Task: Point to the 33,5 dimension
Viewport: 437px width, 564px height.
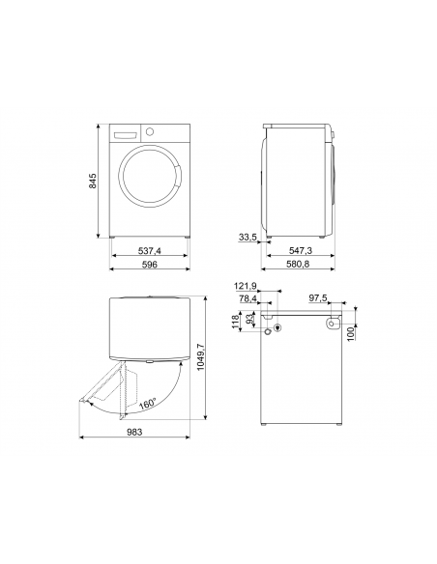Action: point(248,237)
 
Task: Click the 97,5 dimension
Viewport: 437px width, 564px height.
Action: point(318,298)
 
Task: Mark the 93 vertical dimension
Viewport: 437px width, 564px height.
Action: point(249,319)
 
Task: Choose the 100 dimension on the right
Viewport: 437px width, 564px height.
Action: point(352,332)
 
